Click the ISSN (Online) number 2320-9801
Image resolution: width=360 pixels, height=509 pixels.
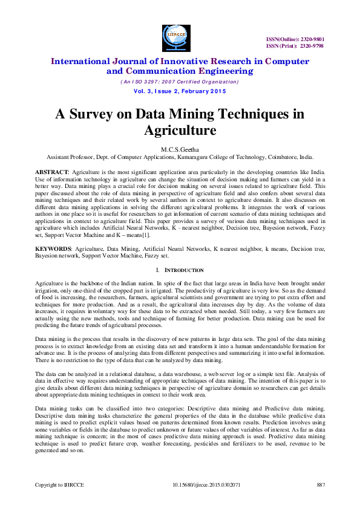[313, 39]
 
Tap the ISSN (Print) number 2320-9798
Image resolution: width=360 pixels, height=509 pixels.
[313, 46]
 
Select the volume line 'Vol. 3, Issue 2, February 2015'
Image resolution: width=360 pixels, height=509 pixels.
[180, 91]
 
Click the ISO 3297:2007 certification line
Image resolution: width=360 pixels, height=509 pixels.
[180, 82]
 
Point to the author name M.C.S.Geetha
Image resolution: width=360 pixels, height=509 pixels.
[180, 148]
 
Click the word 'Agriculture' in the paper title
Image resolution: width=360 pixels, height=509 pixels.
[180, 130]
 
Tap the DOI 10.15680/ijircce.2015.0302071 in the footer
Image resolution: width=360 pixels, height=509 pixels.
[206, 484]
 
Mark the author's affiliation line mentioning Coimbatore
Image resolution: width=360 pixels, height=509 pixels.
[180, 156]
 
